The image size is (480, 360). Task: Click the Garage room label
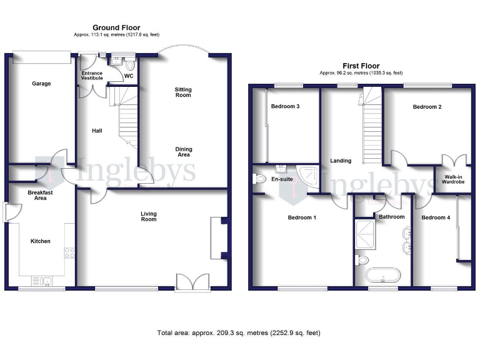click(x=42, y=83)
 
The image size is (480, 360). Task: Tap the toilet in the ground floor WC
click(x=130, y=64)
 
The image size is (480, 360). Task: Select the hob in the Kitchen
click(x=70, y=253)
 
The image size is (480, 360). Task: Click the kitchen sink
click(x=46, y=281)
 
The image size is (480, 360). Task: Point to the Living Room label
click(x=148, y=216)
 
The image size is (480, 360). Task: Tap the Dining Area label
click(x=184, y=152)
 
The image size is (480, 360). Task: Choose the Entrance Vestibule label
click(x=92, y=76)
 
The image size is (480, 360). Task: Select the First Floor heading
click(x=361, y=66)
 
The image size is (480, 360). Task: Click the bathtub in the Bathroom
click(x=382, y=276)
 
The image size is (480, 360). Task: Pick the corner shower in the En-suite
click(x=307, y=176)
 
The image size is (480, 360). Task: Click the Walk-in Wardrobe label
click(x=454, y=179)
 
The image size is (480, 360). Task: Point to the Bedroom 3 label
click(x=285, y=106)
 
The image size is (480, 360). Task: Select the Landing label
click(x=341, y=161)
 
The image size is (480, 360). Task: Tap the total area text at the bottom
click(x=239, y=332)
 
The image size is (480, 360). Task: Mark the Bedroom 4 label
click(x=434, y=217)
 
